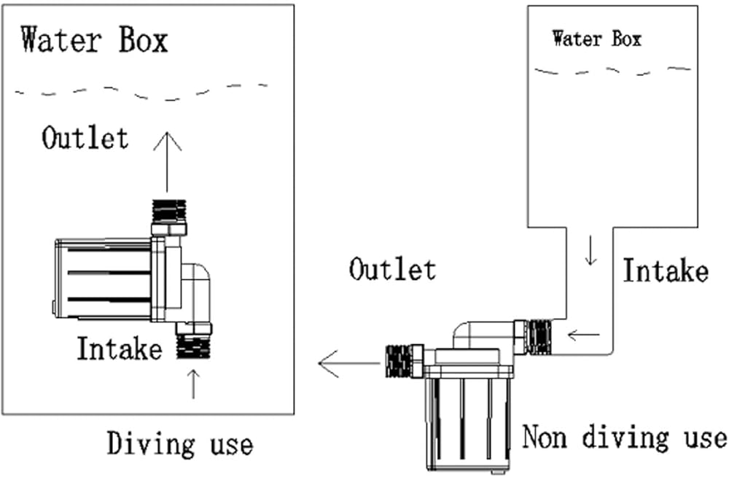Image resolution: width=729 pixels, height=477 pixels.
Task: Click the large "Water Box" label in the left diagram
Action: [x=94, y=39]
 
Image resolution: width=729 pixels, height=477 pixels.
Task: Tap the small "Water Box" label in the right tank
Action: [x=596, y=38]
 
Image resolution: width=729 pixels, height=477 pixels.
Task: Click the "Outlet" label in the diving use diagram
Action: [x=85, y=138]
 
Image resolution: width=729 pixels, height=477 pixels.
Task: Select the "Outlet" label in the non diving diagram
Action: [x=392, y=269]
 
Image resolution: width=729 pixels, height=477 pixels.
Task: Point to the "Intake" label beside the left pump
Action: [x=119, y=349]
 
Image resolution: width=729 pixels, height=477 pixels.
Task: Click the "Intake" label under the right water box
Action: [x=664, y=271]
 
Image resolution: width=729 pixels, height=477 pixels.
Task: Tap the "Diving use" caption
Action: [x=180, y=443]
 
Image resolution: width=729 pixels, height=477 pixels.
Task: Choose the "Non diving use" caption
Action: [x=624, y=438]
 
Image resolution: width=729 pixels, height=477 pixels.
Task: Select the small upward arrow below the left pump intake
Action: [x=193, y=384]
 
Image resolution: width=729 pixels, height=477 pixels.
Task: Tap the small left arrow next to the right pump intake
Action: [x=583, y=336]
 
